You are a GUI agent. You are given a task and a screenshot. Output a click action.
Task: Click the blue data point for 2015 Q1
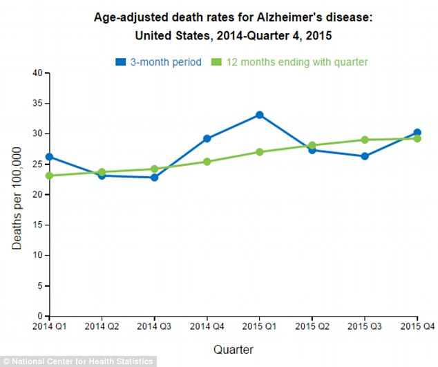[x=259, y=115]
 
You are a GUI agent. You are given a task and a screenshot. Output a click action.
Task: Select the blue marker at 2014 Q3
[x=154, y=178]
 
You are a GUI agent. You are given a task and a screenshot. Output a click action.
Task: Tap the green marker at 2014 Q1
[x=50, y=176]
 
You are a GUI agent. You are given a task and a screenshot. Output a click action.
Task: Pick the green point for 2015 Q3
[x=364, y=140]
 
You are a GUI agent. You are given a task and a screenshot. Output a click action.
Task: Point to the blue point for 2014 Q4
[x=207, y=138]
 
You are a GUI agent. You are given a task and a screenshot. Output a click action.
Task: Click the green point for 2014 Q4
[x=207, y=162]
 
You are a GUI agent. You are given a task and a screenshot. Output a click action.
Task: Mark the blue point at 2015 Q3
[x=364, y=156]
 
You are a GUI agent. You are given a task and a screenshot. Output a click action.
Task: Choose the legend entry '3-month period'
[x=159, y=62]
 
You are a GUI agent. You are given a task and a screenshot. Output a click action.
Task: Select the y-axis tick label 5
[x=40, y=285]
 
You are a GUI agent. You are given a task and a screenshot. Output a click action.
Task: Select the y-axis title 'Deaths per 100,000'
[x=17, y=195]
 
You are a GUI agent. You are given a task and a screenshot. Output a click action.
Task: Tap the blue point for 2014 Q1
[x=50, y=157]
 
